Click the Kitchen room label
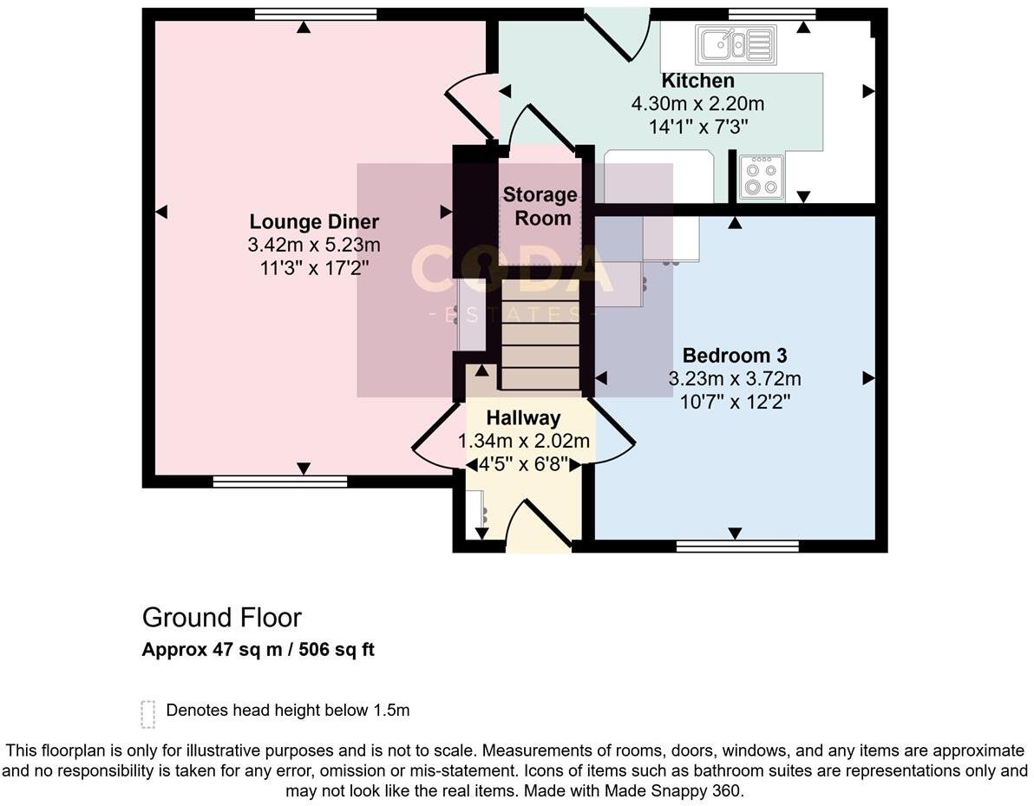pyautogui.click(x=697, y=81)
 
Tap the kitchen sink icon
pyautogui.click(x=736, y=44)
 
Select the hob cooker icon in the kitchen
pyautogui.click(x=762, y=178)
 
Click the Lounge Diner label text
pyautogui.click(x=314, y=221)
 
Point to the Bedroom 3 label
pyautogui.click(x=734, y=355)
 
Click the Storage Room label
pyautogui.click(x=540, y=206)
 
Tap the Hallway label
pyautogui.click(x=523, y=418)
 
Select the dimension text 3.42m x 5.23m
pyautogui.click(x=314, y=245)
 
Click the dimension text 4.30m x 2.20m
pyautogui.click(x=697, y=104)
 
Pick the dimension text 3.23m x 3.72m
pyautogui.click(x=734, y=378)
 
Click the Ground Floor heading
pyautogui.click(x=222, y=618)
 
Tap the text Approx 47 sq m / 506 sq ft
pyautogui.click(x=258, y=650)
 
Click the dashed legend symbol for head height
pyautogui.click(x=148, y=713)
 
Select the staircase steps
pyautogui.click(x=540, y=345)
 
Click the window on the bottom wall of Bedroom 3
pyautogui.click(x=736, y=546)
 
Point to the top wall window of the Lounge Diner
pyautogui.click(x=316, y=14)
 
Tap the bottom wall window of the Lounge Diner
pyautogui.click(x=279, y=482)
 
